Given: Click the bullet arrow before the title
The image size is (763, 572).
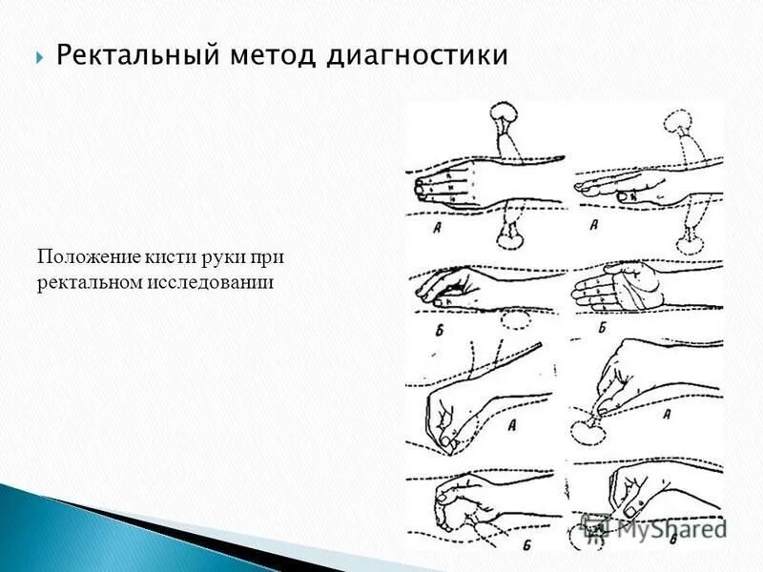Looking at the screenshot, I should click(x=40, y=57).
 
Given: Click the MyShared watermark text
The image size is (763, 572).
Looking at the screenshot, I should click(x=668, y=527).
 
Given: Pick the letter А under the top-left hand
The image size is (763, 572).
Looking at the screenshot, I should click(x=435, y=226).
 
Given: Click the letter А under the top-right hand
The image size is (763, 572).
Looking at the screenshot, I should click(x=593, y=226).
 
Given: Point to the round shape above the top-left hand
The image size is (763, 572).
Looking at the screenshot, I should click(x=504, y=115).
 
